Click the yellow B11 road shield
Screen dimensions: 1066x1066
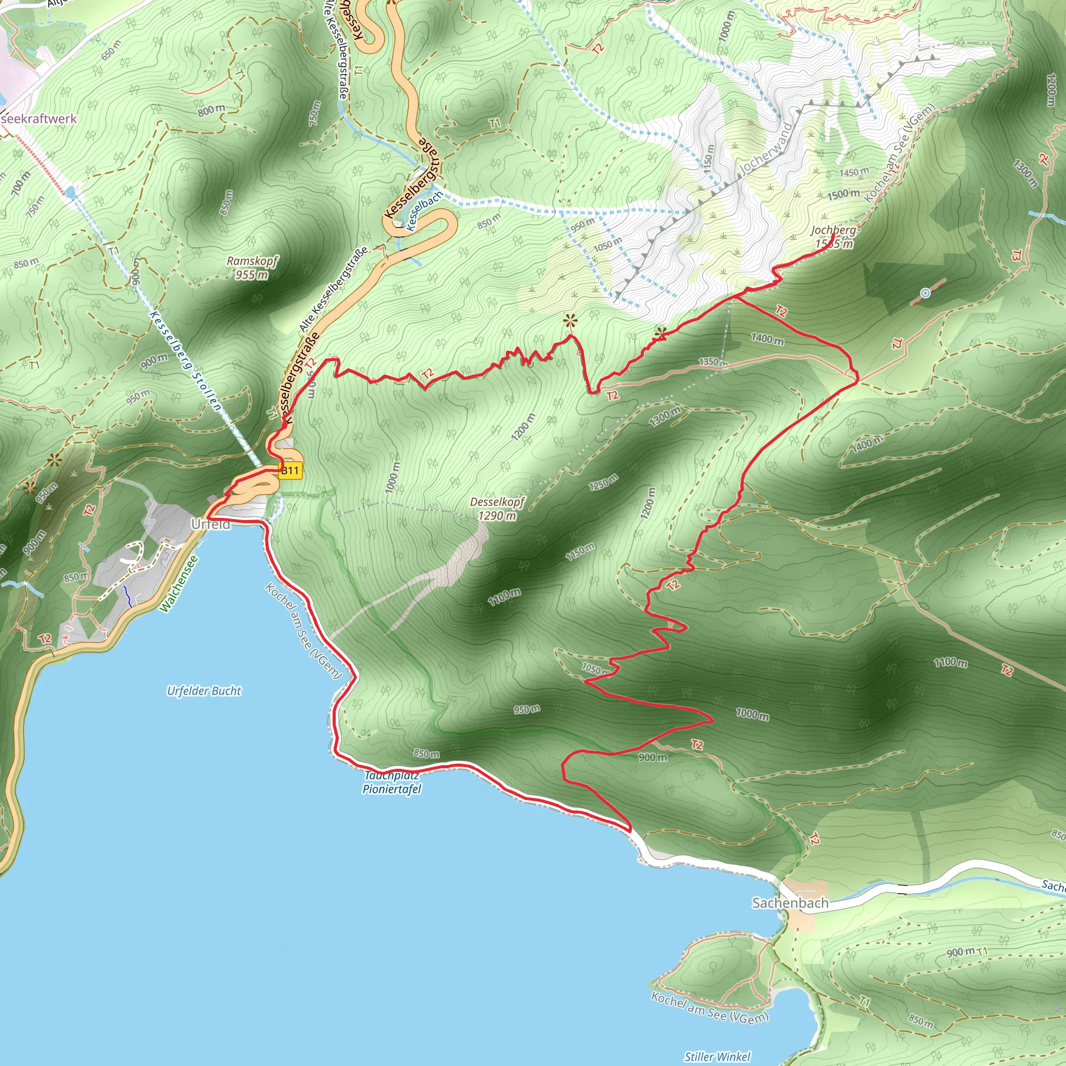290,471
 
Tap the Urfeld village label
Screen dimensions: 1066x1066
211,524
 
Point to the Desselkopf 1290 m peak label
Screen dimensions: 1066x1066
497,509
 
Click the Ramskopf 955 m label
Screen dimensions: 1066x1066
252,268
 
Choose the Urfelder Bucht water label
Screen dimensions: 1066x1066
204,691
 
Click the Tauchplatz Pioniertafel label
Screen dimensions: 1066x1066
391,783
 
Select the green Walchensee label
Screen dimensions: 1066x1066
178,584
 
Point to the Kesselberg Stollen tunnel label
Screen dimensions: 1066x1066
186,361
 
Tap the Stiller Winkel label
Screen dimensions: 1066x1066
717,1056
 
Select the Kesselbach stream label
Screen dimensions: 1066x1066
424,211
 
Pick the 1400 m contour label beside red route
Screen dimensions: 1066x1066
767,339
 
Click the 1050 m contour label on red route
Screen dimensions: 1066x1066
595,669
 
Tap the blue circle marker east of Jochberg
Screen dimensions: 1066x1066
925,293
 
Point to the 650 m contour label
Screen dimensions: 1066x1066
111,50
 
